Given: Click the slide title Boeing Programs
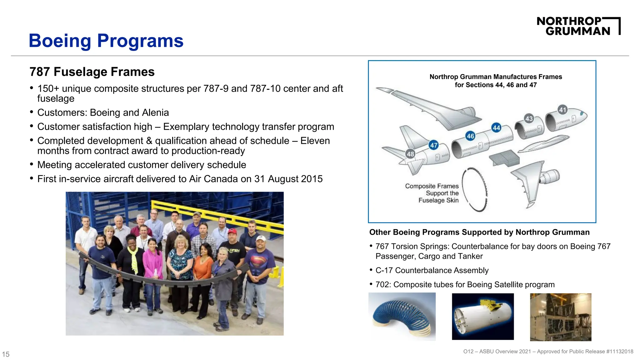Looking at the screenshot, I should [x=106, y=41].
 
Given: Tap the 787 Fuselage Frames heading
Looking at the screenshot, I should [x=92, y=72].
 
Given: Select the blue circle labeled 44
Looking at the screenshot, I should [x=496, y=127].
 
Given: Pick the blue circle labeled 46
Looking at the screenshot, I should [x=470, y=136].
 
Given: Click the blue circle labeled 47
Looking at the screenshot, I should [x=434, y=145].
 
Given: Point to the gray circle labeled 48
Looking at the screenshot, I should [x=410, y=154].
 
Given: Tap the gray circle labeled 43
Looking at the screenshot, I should [x=529, y=118].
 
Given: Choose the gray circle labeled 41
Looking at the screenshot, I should [x=562, y=110].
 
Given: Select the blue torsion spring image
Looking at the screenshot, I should [x=402, y=316].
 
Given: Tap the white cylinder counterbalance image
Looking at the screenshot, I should [x=482, y=316].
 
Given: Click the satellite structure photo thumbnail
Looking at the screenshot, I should [x=560, y=317].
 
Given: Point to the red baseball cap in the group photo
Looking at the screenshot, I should [x=232, y=231].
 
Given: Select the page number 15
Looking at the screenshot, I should [x=6, y=354].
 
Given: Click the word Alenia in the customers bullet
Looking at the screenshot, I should [x=155, y=112].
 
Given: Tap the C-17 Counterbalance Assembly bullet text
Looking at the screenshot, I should [x=432, y=270].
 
